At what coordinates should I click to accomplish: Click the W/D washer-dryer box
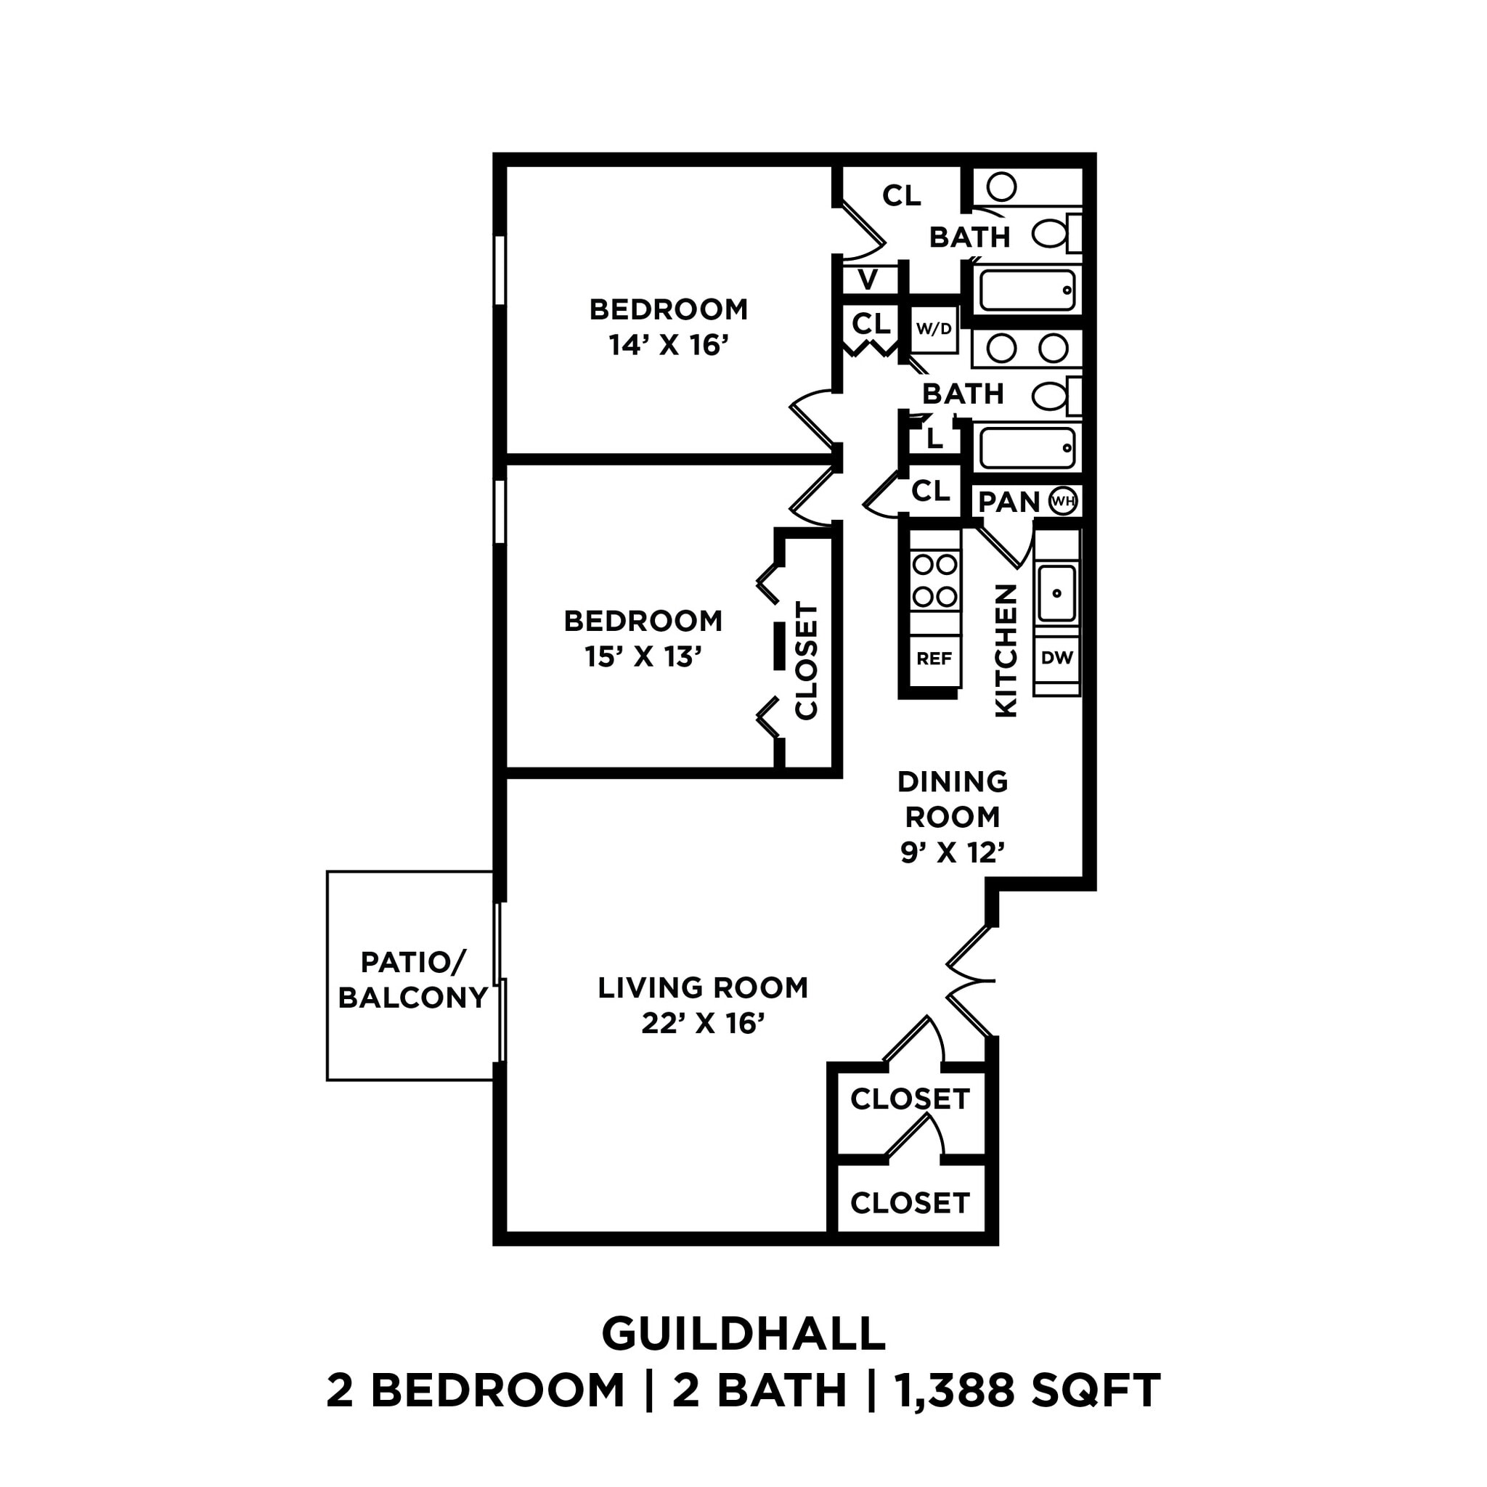click(x=934, y=330)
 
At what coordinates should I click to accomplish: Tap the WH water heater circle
click(x=1063, y=501)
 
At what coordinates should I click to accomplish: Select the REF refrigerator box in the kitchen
click(x=934, y=659)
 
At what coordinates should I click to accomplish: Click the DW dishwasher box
click(x=1056, y=657)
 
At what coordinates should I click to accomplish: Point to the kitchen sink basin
click(x=1056, y=592)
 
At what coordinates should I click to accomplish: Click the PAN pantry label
click(x=1009, y=502)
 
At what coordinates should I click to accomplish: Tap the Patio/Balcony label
click(x=412, y=979)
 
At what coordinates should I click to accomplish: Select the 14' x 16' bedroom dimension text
click(x=668, y=346)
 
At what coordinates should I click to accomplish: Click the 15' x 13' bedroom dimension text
click(x=643, y=656)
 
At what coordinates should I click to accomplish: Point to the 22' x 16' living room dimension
click(x=703, y=1024)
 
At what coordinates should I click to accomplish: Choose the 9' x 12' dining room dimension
click(x=953, y=852)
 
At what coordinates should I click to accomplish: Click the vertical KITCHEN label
click(x=1006, y=651)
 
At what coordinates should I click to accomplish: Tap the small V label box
click(x=868, y=280)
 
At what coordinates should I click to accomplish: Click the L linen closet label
click(x=934, y=439)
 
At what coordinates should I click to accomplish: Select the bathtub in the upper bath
click(x=1027, y=290)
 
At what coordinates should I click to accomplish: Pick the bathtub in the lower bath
click(x=1027, y=448)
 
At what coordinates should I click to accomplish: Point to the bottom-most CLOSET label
click(x=910, y=1202)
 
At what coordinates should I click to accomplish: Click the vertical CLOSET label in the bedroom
click(x=806, y=661)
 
